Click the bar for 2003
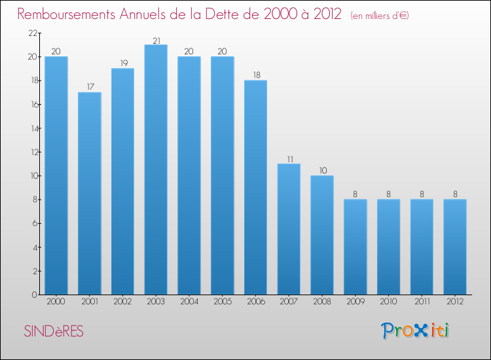point(156,170)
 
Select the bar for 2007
point(289,229)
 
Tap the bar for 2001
point(89,193)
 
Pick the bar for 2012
point(455,247)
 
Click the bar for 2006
point(255,187)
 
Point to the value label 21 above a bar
point(156,40)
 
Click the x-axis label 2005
point(222,302)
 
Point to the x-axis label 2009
point(355,302)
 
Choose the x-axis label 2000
point(56,302)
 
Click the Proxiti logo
point(416,331)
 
